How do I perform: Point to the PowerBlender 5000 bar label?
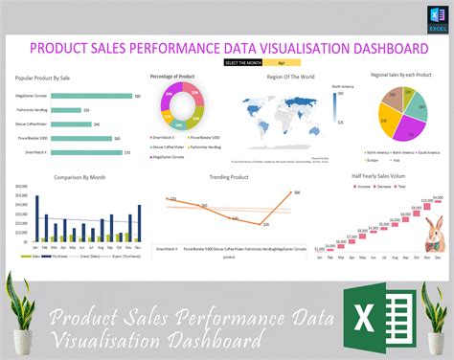[x=34, y=138]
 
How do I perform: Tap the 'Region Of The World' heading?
[x=288, y=76]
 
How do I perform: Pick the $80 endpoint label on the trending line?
[x=297, y=192]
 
